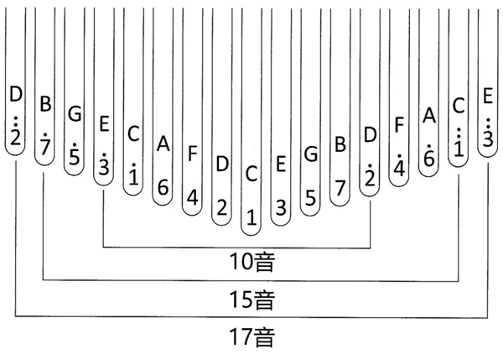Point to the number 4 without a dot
coord(192,198)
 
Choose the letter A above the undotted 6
coord(163,144)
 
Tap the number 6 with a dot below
coord(429,159)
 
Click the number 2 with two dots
coord(15,137)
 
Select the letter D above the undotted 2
coord(221,163)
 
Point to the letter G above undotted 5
coord(310,154)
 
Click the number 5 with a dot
coord(75,156)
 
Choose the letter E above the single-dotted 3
coord(104,123)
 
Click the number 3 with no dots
coord(281,206)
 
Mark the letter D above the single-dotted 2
coord(370,133)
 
